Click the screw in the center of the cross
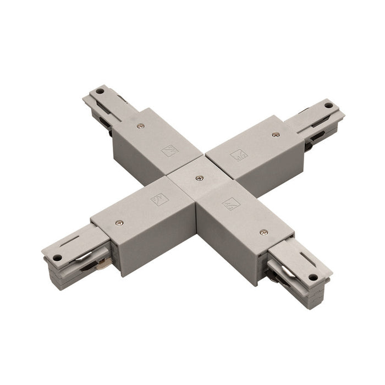199,178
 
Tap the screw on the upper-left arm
141,126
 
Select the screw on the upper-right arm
276,134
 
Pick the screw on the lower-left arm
119,223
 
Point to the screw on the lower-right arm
263,232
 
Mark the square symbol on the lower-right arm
230,204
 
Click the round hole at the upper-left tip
100,92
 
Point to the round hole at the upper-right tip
329,106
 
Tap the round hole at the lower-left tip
57,257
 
